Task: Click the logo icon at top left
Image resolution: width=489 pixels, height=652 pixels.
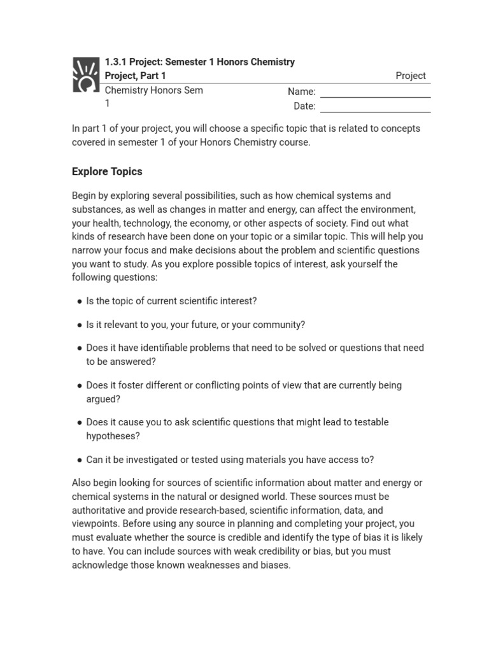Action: pos(85,75)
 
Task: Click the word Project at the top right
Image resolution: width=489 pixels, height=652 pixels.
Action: pos(411,76)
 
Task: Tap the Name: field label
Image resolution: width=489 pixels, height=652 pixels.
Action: pos(301,92)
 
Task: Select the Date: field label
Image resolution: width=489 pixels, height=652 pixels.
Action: pos(304,106)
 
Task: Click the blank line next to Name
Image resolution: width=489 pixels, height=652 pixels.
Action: pos(375,97)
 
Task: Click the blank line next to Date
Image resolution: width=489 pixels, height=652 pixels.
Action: pos(375,111)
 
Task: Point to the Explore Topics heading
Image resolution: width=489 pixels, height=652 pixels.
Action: pos(107,171)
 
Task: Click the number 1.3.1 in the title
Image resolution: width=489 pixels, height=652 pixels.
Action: pos(116,62)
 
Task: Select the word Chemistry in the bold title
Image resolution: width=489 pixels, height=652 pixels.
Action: pos(272,62)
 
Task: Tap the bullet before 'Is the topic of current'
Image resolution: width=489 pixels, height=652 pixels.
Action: pos(79,301)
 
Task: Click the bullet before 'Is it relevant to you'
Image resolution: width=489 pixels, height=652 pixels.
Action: pos(79,325)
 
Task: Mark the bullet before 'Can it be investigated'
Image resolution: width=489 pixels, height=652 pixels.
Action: pos(79,460)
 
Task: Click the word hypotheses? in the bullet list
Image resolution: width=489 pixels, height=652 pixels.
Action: pos(113,436)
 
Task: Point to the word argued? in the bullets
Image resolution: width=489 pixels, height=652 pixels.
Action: pos(103,399)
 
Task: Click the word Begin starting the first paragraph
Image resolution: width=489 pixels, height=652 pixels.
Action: pos(84,195)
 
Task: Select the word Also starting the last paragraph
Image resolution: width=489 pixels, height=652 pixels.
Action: pos(82,483)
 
